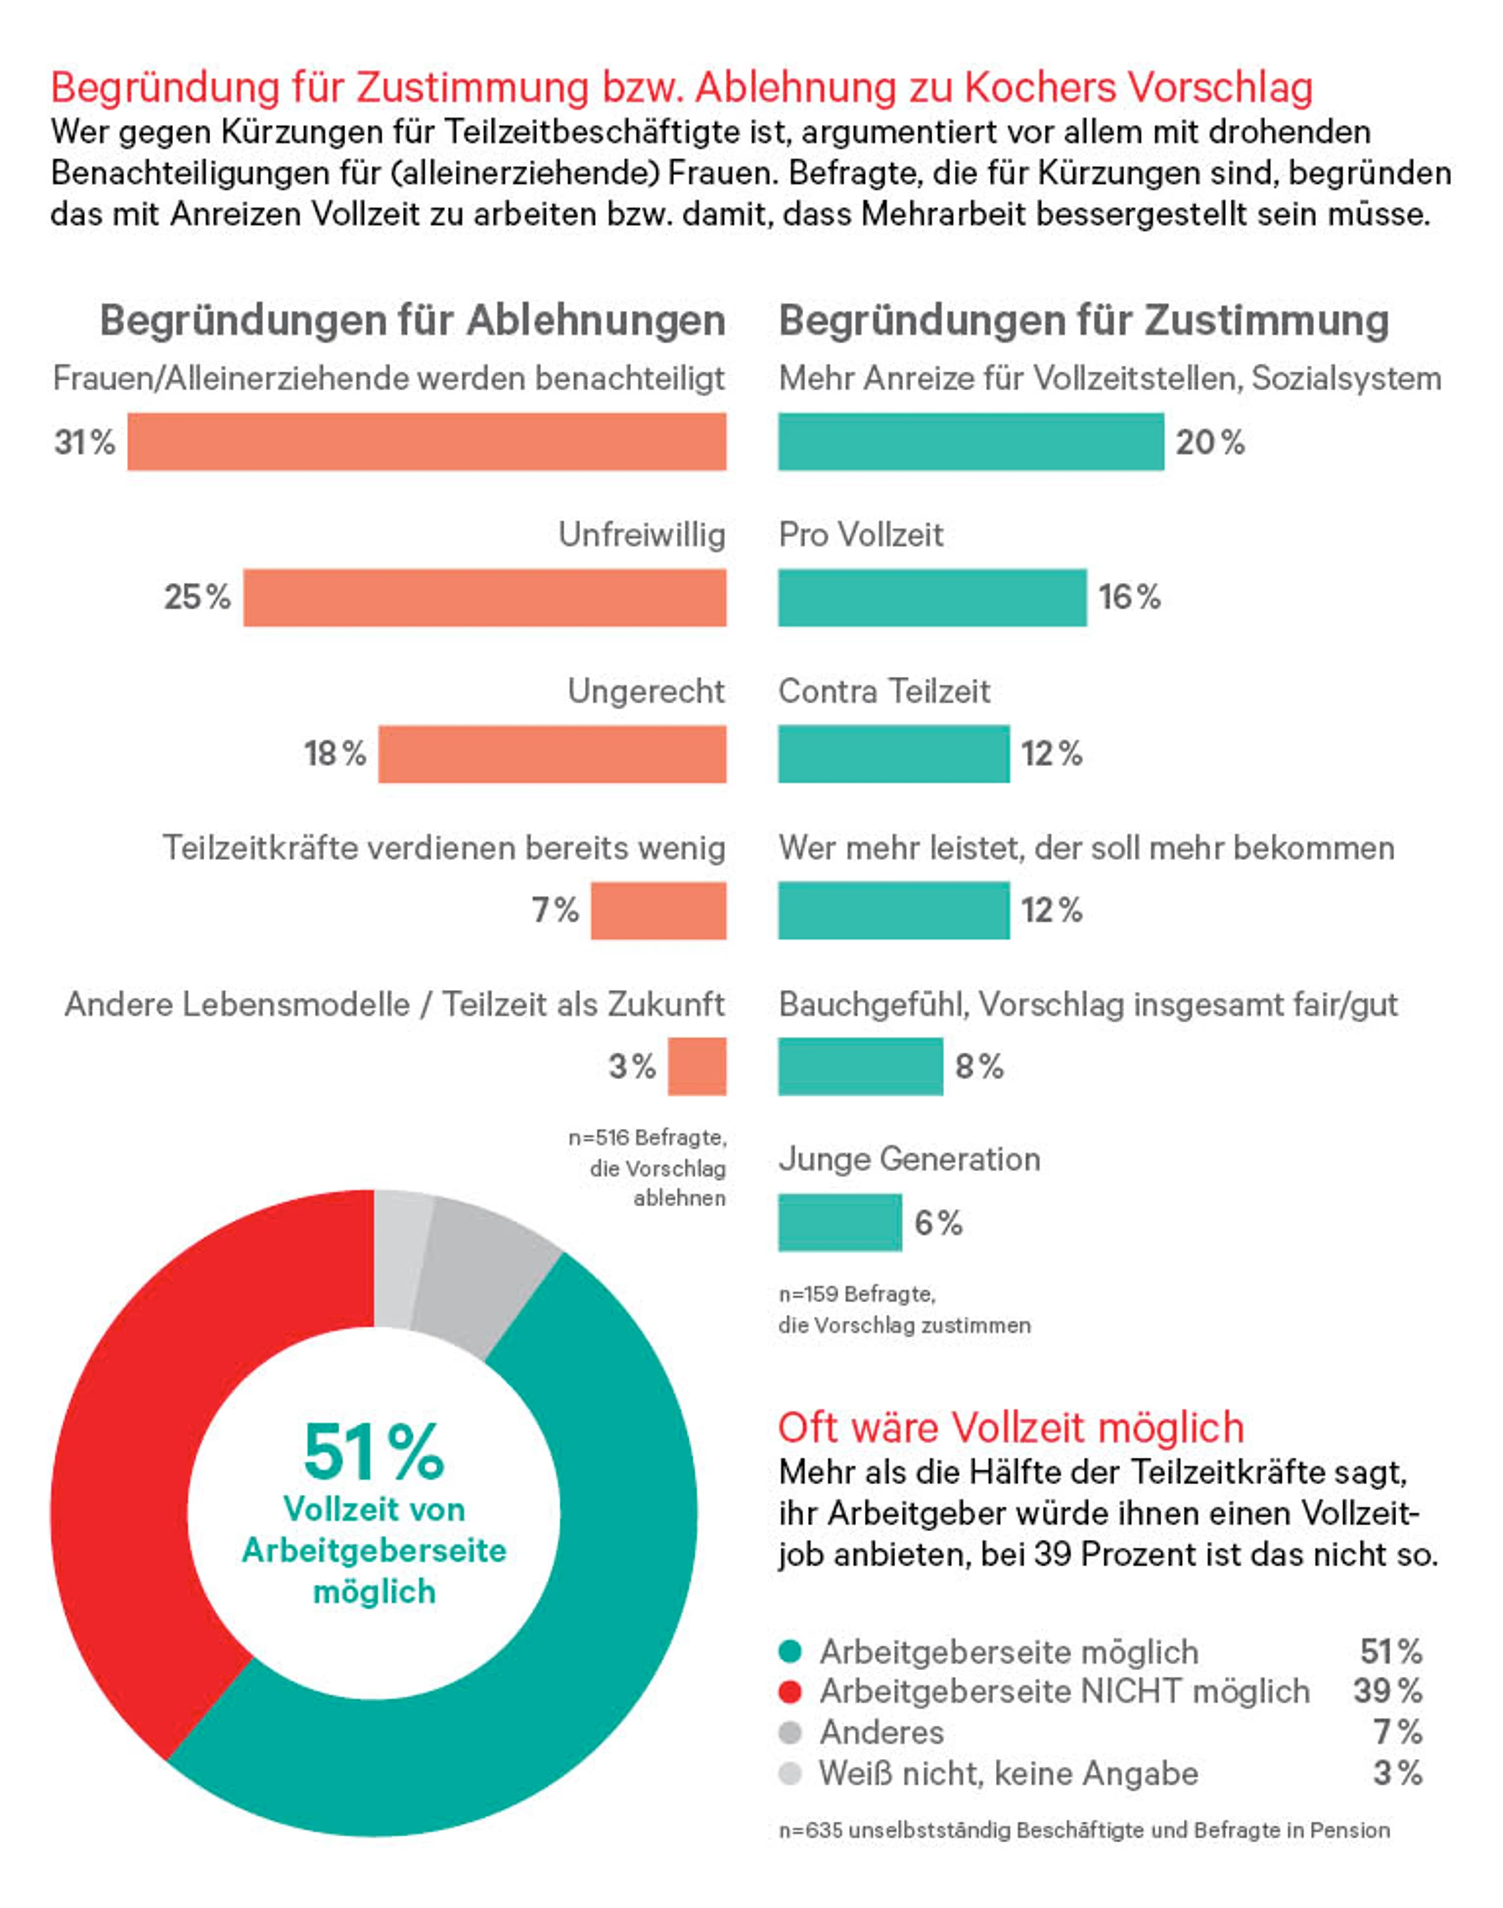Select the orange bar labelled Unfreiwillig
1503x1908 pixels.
[485, 598]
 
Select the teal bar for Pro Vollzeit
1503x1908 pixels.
[933, 598]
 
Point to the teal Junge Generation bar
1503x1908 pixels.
[840, 1222]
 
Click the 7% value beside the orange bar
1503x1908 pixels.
[555, 910]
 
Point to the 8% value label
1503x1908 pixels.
[979, 1067]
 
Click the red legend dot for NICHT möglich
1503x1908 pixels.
[790, 1691]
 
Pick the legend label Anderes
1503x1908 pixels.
[882, 1732]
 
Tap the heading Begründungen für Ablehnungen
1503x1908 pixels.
[413, 321]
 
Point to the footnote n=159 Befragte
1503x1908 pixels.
[856, 1294]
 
